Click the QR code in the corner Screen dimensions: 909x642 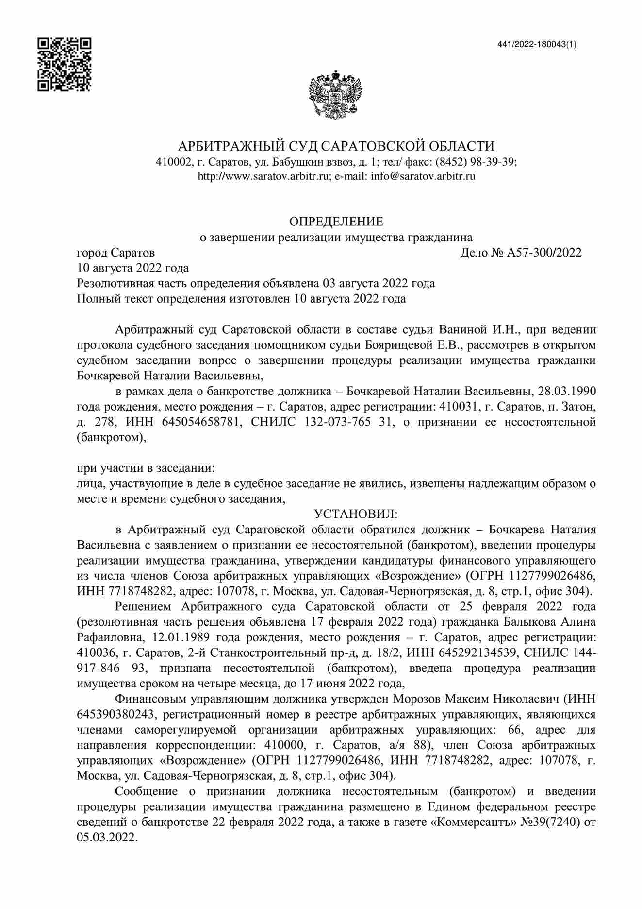pos(65,64)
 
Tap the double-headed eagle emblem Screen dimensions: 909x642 pos(336,94)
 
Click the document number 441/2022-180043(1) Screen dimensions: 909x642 pos(537,45)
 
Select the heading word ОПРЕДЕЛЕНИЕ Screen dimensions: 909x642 pos(336,222)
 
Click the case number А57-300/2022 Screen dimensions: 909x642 pos(544,253)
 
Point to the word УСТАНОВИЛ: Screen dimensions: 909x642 pos(356,514)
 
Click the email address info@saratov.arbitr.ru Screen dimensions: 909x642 pos(423,176)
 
